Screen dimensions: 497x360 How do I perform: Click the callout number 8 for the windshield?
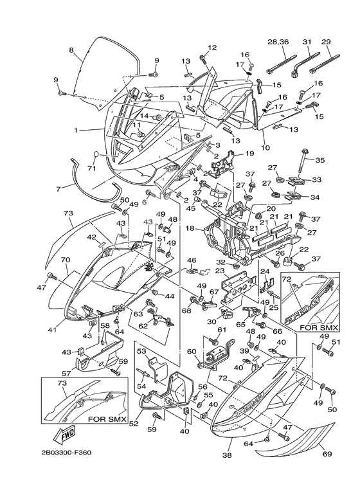(x=71, y=50)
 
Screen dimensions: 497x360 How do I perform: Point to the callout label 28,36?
(x=278, y=42)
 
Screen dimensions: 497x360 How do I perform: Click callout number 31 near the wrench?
(x=306, y=42)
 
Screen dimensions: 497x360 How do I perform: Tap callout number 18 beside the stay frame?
(x=190, y=228)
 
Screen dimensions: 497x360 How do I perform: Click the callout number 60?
(x=191, y=352)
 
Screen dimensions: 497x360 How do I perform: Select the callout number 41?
(x=53, y=330)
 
